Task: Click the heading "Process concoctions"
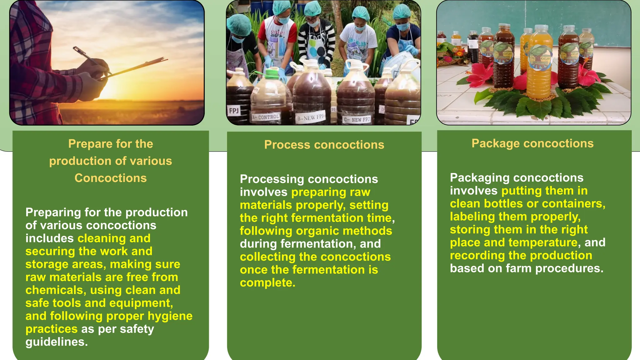324,145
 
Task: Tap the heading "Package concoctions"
532,143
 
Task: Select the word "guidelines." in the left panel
57,342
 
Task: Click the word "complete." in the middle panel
267,283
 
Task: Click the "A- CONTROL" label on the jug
266,117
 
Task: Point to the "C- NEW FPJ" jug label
357,119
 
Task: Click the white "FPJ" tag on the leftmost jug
234,111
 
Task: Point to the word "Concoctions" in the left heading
111,178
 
